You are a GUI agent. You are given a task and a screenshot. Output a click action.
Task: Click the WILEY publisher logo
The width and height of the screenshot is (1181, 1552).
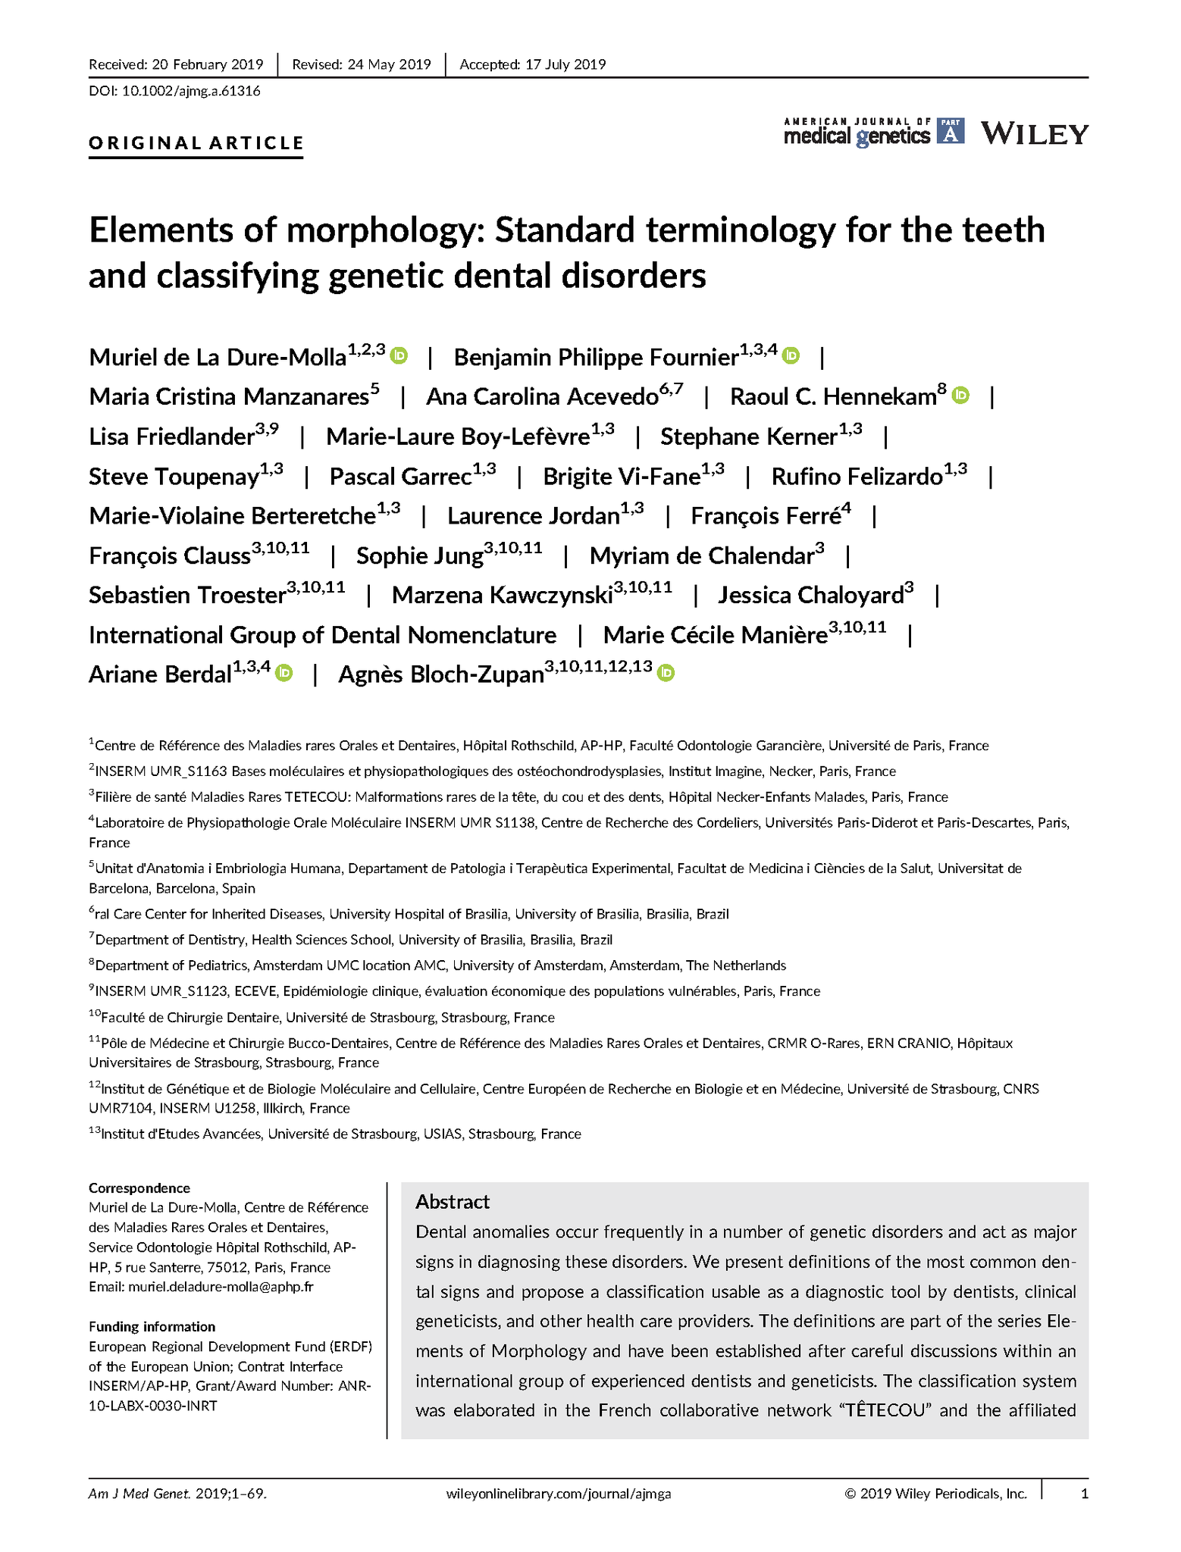[1035, 134]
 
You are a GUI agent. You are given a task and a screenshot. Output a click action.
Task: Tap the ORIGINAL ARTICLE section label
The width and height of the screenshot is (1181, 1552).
[196, 143]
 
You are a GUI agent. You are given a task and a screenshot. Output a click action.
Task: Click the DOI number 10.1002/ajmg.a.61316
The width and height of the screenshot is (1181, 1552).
[191, 92]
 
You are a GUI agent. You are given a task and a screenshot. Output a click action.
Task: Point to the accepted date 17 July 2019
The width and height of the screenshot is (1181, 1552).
[565, 64]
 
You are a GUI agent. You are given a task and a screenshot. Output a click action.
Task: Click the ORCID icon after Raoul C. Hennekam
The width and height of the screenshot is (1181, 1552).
[960, 395]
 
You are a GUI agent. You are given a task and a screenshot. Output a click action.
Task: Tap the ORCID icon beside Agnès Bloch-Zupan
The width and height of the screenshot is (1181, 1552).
[666, 672]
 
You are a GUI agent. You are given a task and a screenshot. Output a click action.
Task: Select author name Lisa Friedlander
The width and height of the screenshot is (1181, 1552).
[171, 437]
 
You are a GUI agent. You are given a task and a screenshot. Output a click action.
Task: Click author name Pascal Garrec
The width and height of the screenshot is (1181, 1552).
[400, 477]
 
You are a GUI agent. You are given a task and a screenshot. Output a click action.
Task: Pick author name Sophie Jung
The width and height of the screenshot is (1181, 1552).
[419, 556]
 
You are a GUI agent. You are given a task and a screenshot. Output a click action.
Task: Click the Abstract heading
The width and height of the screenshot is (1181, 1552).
[453, 1202]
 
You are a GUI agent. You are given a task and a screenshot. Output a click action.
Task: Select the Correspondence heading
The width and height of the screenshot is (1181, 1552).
[139, 1188]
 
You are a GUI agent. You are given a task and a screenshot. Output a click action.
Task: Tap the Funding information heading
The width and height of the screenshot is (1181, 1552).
[152, 1327]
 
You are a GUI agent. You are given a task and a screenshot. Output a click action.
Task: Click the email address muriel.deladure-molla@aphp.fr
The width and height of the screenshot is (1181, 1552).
[221, 1287]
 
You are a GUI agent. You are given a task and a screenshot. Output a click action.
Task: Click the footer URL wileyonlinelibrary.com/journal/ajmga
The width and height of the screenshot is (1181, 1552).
[559, 1494]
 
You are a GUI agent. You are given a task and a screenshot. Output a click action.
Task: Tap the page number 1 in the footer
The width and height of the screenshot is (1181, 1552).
[1085, 1494]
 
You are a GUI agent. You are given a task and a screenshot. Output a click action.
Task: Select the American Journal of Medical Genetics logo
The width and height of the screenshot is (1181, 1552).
[873, 133]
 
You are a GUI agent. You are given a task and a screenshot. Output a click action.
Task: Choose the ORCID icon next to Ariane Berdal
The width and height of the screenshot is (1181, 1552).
[284, 672]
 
